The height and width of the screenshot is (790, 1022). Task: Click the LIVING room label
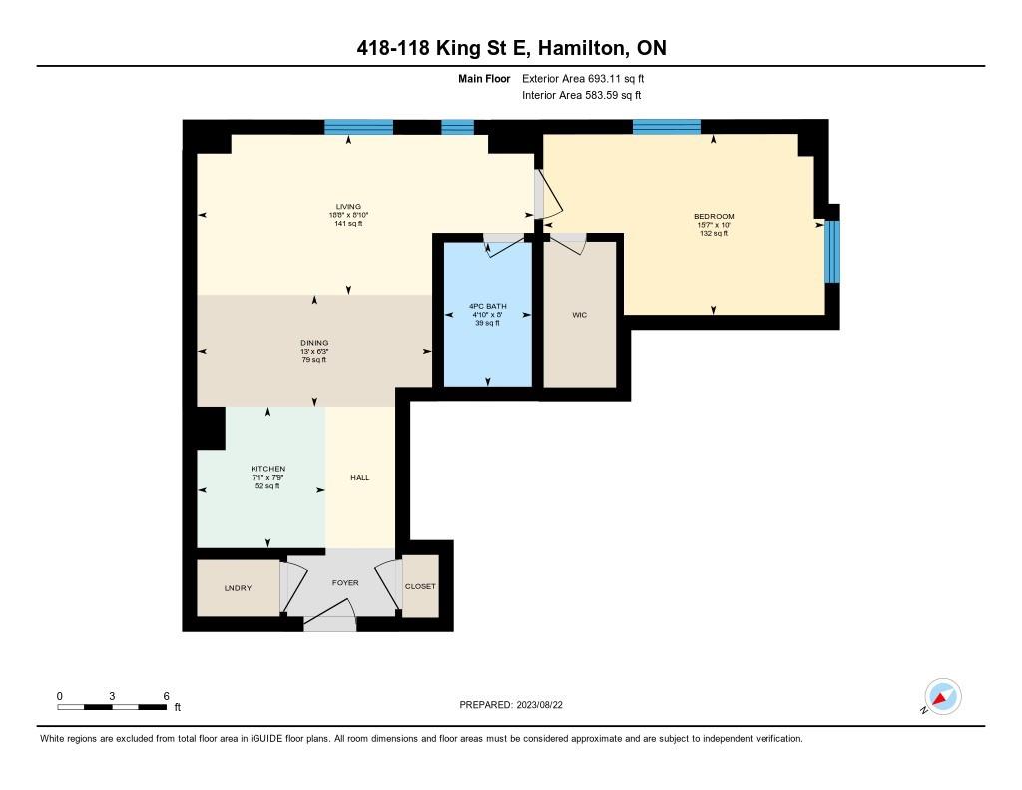point(348,207)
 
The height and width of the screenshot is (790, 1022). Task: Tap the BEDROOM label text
point(714,217)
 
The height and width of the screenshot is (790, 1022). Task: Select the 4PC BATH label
point(488,306)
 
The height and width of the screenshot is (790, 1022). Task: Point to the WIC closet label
point(579,315)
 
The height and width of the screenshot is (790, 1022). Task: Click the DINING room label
point(314,343)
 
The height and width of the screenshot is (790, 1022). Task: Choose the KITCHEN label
point(267,469)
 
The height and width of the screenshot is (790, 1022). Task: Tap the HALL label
point(360,478)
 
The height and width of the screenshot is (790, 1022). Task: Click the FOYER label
point(345,583)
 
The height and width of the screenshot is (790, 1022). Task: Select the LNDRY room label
point(238,588)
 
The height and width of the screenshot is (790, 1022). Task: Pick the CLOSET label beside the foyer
point(420,586)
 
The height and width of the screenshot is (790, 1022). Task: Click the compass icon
point(942,696)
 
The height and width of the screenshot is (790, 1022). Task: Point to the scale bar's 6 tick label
point(166,696)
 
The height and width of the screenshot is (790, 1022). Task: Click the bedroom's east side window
point(832,252)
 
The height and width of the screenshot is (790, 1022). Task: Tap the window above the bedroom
point(666,127)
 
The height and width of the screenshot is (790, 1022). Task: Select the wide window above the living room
point(358,127)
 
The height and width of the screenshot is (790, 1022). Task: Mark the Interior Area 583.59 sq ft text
point(581,96)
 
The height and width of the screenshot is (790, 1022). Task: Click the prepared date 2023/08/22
point(546,705)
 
